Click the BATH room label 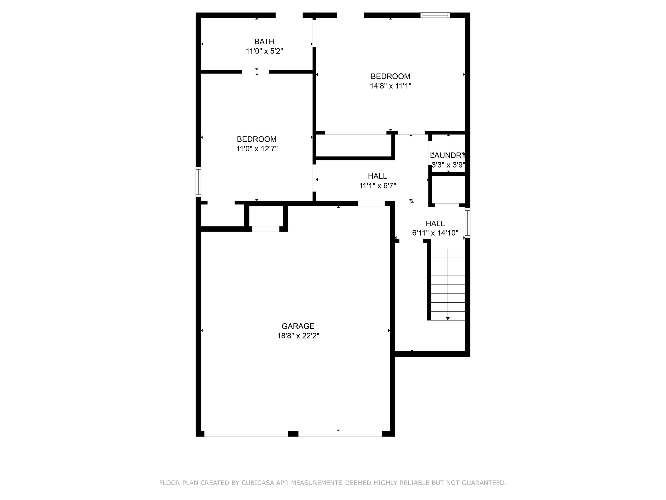point(264,42)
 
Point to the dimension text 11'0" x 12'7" point(257,149)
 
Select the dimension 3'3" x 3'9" point(448,165)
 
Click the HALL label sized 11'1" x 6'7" point(377,176)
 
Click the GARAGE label point(298,326)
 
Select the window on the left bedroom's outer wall point(198,182)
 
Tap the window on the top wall point(435,15)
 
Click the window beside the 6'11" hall point(467,223)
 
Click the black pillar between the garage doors point(293,434)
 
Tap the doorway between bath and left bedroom point(255,72)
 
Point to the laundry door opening point(430,153)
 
